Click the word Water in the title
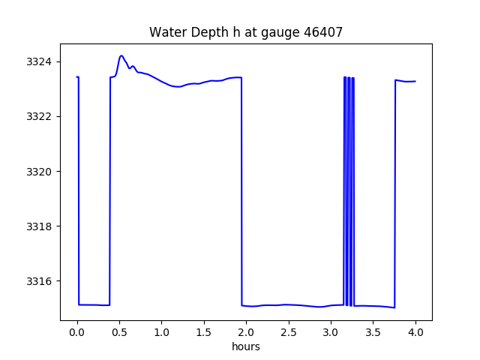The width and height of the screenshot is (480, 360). pos(166,32)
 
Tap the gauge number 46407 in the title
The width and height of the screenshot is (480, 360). pos(322,32)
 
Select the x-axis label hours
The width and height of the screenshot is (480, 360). pos(246,347)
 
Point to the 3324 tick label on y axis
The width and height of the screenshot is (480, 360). pos(42,61)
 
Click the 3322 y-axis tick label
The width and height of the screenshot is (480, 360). pos(42,116)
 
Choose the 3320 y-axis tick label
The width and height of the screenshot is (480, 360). pos(42,172)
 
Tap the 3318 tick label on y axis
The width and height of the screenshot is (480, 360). pos(42,226)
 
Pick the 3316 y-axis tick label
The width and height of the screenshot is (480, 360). pos(42,282)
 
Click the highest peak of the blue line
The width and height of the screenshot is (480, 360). pos(121,55)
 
